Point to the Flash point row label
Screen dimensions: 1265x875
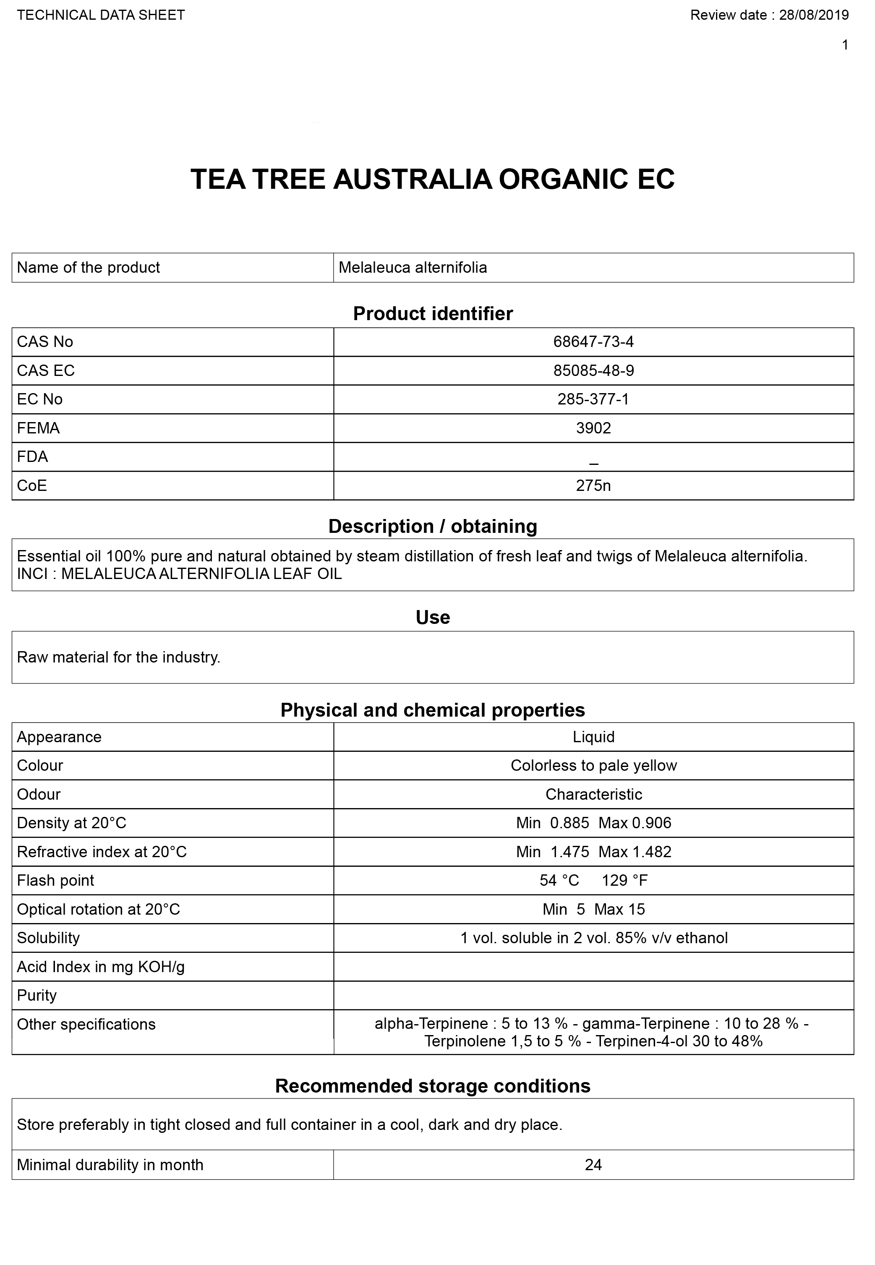coord(55,880)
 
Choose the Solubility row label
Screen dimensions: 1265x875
coord(48,938)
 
